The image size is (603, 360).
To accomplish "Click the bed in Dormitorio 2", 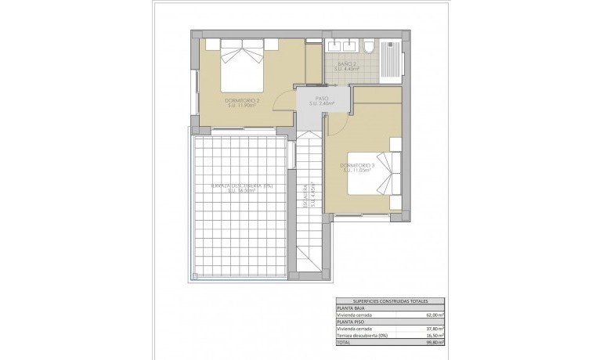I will [240, 60].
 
